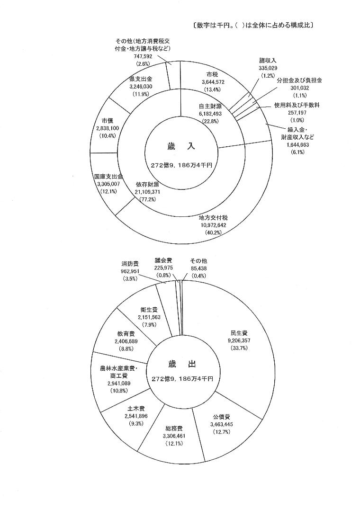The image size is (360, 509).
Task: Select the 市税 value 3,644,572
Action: coord(216,81)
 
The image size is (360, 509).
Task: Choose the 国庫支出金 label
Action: coord(109,176)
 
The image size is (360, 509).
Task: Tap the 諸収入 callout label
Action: coord(267,61)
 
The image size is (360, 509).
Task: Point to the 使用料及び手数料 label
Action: coord(297,105)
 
